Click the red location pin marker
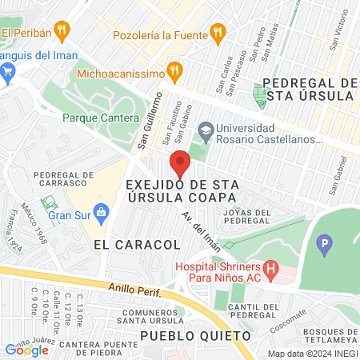tap(180, 163)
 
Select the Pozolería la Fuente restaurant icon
tap(216, 32)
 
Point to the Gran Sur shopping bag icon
tap(101, 213)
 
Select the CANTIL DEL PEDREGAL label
tap(252, 311)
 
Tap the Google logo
tap(26, 350)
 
